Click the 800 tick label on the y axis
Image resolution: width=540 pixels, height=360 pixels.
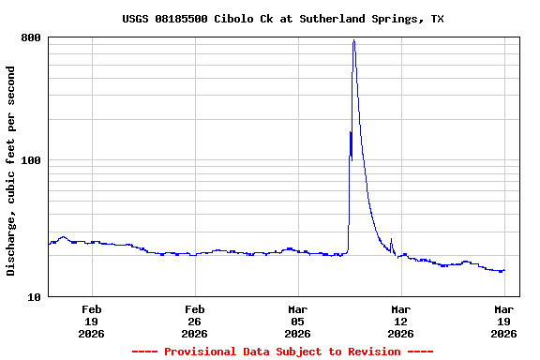click(31, 37)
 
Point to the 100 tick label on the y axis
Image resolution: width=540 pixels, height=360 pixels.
click(31, 160)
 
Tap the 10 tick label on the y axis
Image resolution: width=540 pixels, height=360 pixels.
click(34, 297)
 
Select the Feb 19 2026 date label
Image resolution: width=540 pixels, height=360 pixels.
click(91, 322)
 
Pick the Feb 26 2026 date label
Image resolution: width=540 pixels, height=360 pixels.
click(194, 322)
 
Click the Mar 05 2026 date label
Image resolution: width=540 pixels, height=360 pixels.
click(297, 322)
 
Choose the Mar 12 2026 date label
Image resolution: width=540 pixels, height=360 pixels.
click(400, 322)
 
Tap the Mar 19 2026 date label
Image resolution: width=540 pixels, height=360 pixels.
click(503, 322)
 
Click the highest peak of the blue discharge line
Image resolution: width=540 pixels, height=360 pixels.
click(353, 40)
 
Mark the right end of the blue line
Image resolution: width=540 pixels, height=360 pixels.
click(504, 271)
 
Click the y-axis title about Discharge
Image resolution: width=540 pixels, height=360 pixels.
click(11, 171)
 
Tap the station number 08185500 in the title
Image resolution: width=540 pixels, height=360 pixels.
click(184, 19)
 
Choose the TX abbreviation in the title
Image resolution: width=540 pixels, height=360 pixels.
click(437, 19)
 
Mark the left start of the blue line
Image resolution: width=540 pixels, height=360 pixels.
click(49, 243)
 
